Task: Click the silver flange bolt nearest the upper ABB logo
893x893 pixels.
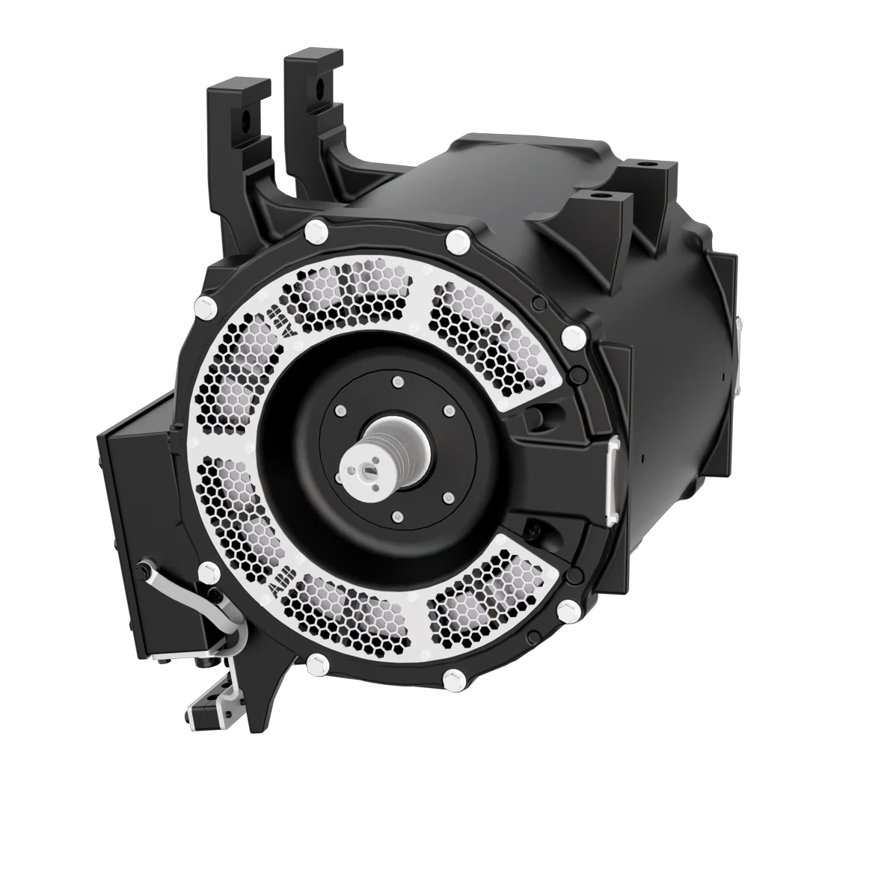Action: (x=202, y=306)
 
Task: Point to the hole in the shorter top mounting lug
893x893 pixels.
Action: (x=245, y=118)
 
